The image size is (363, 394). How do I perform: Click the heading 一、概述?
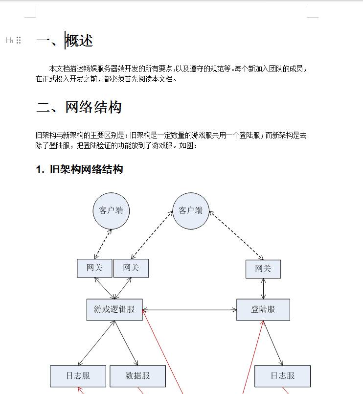pyautogui.click(x=65, y=41)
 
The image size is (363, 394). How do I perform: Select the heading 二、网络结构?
pyautogui.click(x=79, y=107)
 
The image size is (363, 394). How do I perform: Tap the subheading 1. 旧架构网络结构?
pyautogui.click(x=79, y=169)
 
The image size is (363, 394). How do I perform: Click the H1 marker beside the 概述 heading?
pyautogui.click(x=9, y=40)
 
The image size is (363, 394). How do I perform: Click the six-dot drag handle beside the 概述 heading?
pyautogui.click(x=19, y=40)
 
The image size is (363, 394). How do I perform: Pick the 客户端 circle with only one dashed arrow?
pyautogui.click(x=111, y=211)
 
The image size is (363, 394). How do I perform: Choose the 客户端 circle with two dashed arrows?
pyautogui.click(x=191, y=211)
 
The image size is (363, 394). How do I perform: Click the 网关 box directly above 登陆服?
pyautogui.click(x=263, y=269)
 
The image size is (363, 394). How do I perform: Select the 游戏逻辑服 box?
pyautogui.click(x=114, y=309)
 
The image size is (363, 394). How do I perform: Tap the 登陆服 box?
pyautogui.click(x=263, y=309)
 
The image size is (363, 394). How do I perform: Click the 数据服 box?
pyautogui.click(x=137, y=376)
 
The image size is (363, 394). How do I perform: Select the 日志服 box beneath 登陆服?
pyautogui.click(x=282, y=376)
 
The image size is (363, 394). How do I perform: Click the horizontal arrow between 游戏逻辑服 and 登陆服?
pyautogui.click(x=189, y=310)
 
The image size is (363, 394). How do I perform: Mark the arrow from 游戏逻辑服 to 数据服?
pyautogui.click(x=126, y=343)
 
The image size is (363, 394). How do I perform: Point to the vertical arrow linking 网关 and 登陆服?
pyautogui.click(x=263, y=289)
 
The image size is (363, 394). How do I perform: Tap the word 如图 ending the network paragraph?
pyautogui.click(x=186, y=146)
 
